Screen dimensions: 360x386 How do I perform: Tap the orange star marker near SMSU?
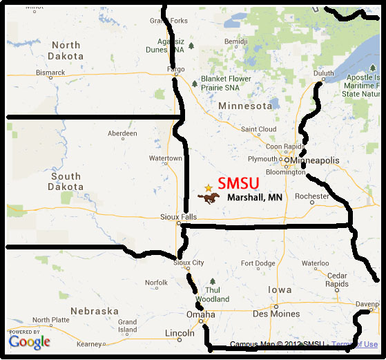tap(209, 187)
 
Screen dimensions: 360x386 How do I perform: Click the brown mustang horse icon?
tap(209, 198)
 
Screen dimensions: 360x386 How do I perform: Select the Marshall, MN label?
tap(255, 198)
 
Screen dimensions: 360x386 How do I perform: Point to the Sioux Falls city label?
tap(178, 216)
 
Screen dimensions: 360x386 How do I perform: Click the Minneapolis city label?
tap(316, 160)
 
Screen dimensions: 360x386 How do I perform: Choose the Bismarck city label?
tap(50, 72)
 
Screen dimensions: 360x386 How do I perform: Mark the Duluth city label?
tap(323, 72)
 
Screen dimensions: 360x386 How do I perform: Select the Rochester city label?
tap(311, 196)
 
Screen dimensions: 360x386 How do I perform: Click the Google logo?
tap(30, 341)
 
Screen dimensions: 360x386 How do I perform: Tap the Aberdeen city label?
tap(122, 133)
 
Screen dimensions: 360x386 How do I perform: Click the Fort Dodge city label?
tap(258, 263)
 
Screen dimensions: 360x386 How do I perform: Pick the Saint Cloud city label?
tap(258, 129)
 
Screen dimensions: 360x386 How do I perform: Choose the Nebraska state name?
tap(93, 310)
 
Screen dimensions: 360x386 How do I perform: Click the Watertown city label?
tap(166, 158)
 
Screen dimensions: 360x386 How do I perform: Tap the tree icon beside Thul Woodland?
tap(212, 281)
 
